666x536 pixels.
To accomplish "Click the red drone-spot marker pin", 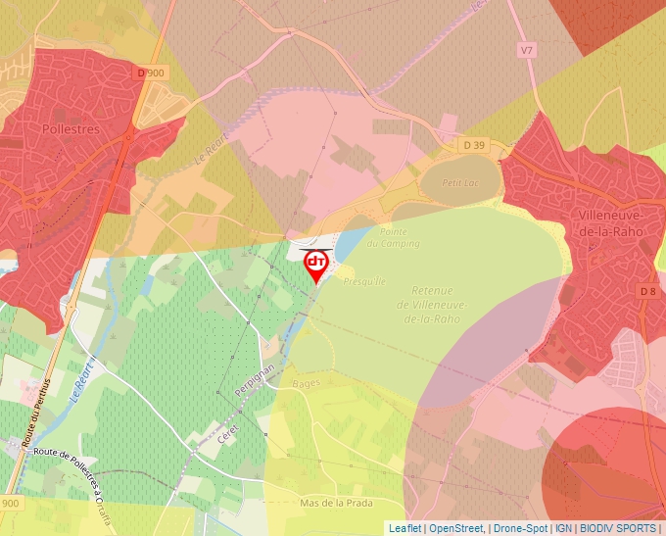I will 315,265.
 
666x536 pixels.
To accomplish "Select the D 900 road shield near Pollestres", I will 153,73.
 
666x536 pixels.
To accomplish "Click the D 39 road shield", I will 474,145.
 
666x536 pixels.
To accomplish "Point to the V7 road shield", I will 527,49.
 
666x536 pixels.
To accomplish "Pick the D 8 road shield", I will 648,291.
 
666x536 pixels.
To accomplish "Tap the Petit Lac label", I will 457,182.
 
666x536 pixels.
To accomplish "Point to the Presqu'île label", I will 365,281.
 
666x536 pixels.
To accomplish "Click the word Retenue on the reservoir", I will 432,291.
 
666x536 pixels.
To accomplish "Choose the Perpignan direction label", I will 248,378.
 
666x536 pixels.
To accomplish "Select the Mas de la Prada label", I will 337,503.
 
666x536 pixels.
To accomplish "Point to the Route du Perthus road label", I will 35,413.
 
